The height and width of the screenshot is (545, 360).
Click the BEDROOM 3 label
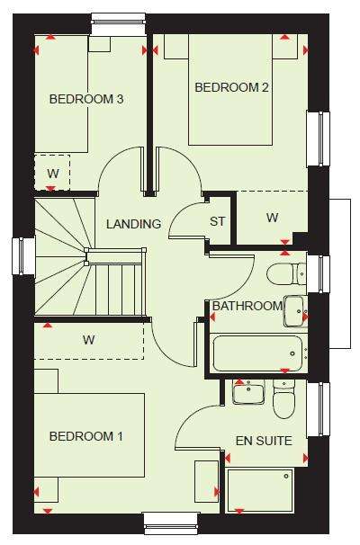[x=86, y=99]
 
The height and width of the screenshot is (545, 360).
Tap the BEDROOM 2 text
[x=231, y=87]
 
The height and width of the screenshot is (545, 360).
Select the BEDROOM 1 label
[x=86, y=436]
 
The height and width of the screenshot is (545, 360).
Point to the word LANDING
[x=133, y=224]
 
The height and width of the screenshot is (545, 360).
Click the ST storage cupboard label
[x=218, y=221]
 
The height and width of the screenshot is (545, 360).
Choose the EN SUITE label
[x=264, y=441]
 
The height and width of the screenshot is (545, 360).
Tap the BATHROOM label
[x=247, y=306]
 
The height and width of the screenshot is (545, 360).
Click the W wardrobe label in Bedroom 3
[x=53, y=173]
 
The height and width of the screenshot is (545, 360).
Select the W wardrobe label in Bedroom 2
[x=272, y=218]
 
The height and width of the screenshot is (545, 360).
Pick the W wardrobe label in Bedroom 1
[x=89, y=340]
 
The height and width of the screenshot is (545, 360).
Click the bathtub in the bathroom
[x=257, y=353]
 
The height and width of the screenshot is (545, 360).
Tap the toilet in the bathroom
[x=286, y=273]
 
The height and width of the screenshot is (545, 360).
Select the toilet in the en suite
[x=284, y=398]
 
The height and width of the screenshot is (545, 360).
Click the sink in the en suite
[x=248, y=392]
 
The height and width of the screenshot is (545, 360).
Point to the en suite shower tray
[x=260, y=490]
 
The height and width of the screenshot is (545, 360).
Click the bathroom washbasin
[x=296, y=311]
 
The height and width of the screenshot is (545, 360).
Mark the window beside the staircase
[x=23, y=256]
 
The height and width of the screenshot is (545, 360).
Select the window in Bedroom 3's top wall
[x=118, y=23]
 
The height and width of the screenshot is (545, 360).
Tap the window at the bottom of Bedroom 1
[x=172, y=523]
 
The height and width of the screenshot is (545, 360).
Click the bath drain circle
[x=292, y=353]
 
